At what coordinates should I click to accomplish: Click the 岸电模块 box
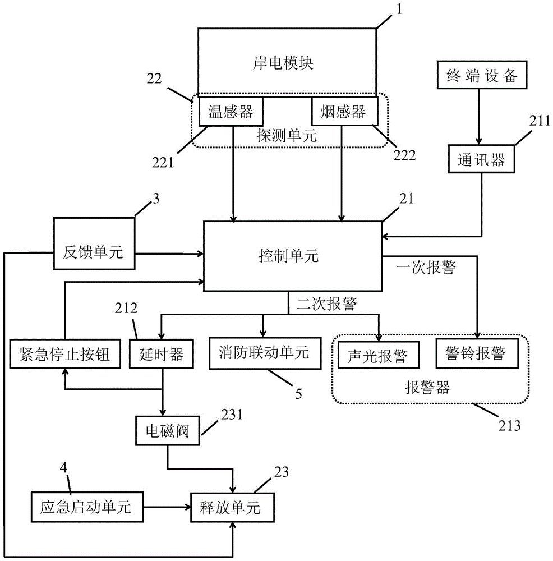click(287, 62)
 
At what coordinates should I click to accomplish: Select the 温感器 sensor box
click(231, 111)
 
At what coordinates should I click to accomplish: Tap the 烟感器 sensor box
click(343, 111)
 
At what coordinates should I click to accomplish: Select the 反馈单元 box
click(94, 252)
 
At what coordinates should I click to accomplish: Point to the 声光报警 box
click(380, 355)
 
